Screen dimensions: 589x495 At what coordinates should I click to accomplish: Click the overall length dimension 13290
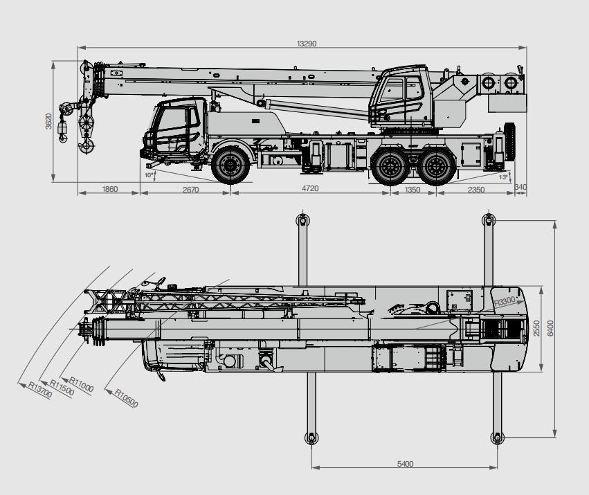point(307,44)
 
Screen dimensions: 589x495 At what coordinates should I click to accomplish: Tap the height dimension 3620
point(48,121)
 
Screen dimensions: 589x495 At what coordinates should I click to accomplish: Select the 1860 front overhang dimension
point(110,189)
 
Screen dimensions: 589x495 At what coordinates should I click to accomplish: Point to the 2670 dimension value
point(190,190)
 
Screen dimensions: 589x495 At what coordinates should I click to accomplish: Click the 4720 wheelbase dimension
point(310,188)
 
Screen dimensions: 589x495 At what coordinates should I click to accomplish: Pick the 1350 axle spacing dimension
point(412,190)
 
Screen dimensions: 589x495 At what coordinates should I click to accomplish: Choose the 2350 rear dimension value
point(476,190)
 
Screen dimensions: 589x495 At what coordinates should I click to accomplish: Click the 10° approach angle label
point(149,174)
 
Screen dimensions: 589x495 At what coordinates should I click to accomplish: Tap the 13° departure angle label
point(503,177)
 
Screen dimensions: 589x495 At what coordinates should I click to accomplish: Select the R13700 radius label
point(40,390)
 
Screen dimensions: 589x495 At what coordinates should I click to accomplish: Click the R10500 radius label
point(126,398)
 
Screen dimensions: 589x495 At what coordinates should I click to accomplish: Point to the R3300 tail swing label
point(505,301)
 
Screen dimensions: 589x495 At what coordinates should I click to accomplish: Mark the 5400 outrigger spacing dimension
point(405,464)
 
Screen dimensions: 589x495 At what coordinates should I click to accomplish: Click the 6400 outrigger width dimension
point(550,328)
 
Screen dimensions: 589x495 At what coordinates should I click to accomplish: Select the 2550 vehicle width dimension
point(536,328)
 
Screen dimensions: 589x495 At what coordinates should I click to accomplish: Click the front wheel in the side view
point(230,165)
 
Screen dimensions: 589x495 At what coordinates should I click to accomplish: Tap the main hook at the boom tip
point(87,145)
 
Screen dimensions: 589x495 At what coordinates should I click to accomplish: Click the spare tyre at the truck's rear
point(509,141)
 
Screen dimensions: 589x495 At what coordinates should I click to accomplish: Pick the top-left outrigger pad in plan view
point(302,219)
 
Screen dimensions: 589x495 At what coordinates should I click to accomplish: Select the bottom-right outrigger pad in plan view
point(498,438)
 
